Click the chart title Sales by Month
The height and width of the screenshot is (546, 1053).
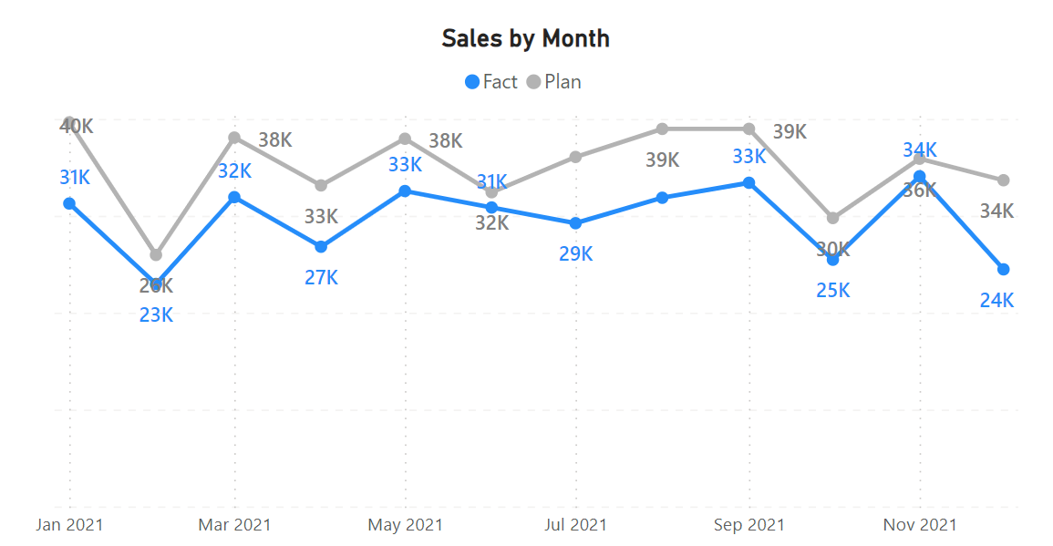point(525,38)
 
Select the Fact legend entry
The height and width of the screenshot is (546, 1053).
point(491,82)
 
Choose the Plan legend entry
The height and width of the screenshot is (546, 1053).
point(553,82)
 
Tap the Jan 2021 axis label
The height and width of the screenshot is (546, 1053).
point(69,525)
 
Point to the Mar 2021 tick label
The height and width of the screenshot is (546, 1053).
point(234,525)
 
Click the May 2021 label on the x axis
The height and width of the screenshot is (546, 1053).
point(405,525)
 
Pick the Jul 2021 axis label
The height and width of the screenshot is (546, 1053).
point(575,525)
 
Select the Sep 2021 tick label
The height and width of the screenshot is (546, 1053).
point(748,525)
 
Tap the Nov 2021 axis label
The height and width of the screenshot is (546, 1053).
point(920,525)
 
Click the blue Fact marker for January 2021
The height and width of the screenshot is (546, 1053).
point(69,203)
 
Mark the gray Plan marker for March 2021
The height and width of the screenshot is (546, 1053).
point(234,138)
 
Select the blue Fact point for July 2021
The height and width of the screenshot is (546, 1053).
point(575,223)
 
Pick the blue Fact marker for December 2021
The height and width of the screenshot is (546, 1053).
point(1004,269)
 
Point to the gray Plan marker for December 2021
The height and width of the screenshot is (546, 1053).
point(1004,180)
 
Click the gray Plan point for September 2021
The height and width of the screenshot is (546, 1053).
point(748,129)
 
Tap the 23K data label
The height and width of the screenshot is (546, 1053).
point(156,315)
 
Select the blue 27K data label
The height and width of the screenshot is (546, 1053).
point(321,277)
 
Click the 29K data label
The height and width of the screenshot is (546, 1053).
point(575,254)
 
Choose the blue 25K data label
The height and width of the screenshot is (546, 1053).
point(832,291)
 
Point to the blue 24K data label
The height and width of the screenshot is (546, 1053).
point(996,300)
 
